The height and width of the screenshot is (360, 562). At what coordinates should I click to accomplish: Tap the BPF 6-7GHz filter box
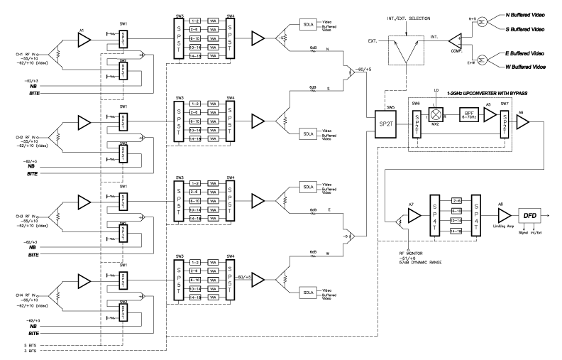pos(469,117)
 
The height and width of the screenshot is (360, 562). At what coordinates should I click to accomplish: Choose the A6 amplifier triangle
pos(522,123)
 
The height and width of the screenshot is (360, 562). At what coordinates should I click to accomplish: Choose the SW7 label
pos(504,104)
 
